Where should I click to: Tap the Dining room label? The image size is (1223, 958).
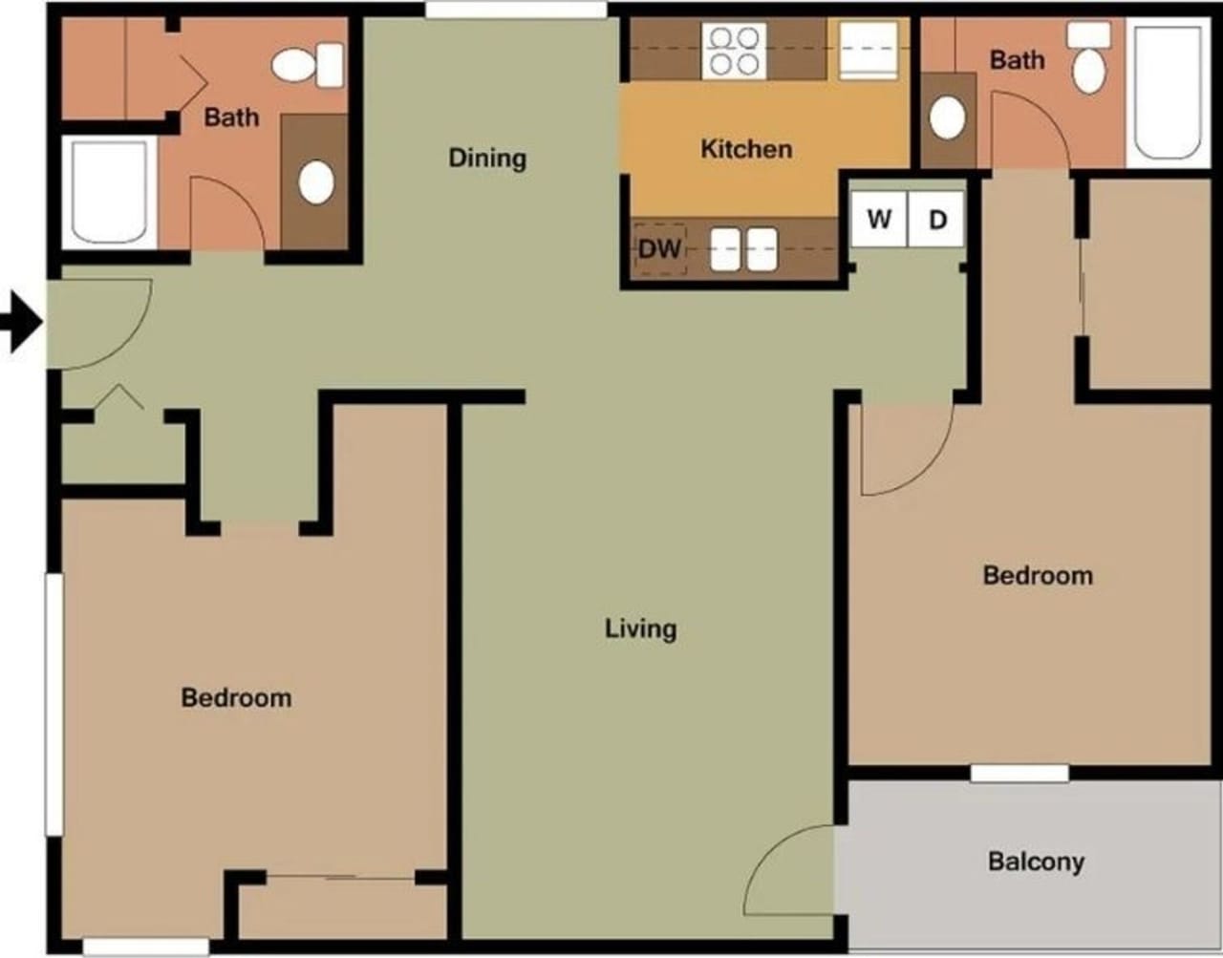pyautogui.click(x=487, y=158)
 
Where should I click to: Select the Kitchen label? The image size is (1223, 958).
pyautogui.click(x=746, y=149)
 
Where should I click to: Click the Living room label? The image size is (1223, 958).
pyautogui.click(x=640, y=628)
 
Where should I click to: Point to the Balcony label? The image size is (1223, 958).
pyautogui.click(x=1036, y=862)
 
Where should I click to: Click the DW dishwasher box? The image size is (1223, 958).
pyautogui.click(x=660, y=249)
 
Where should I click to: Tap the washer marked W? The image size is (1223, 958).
pyautogui.click(x=879, y=220)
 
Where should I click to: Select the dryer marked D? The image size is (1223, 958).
pyautogui.click(x=937, y=220)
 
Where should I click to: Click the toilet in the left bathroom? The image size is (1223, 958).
pyautogui.click(x=308, y=65)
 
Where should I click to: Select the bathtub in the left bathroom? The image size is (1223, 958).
pyautogui.click(x=108, y=191)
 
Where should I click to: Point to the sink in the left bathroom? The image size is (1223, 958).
pyautogui.click(x=316, y=182)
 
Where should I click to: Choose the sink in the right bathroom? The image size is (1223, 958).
pyautogui.click(x=947, y=117)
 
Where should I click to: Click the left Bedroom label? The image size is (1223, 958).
pyautogui.click(x=236, y=697)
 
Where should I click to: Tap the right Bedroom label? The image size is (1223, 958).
pyautogui.click(x=1038, y=575)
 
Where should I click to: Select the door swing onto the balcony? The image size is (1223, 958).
pyautogui.click(x=788, y=874)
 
